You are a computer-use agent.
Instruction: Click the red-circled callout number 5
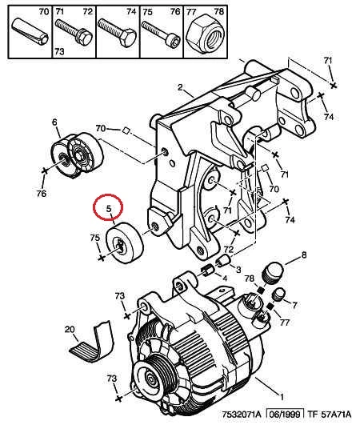point(109,209)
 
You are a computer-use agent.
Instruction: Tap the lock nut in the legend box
point(205,34)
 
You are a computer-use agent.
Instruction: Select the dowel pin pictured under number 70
point(30,31)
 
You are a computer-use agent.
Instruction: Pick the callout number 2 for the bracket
point(181,87)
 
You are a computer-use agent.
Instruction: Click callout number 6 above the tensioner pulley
point(54,122)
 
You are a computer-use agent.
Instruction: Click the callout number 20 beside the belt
point(70,329)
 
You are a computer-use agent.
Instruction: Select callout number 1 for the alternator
point(282,397)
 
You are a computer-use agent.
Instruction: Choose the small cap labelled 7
point(278,295)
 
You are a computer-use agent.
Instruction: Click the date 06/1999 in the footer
point(286,414)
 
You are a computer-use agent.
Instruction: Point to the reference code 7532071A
point(242,414)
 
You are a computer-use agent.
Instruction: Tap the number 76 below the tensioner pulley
point(42,194)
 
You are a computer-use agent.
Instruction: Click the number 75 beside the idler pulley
point(95,238)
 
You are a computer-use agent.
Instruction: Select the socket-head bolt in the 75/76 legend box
point(162,34)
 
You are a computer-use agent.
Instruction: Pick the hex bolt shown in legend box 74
point(117,33)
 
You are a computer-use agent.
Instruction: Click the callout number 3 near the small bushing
point(238,270)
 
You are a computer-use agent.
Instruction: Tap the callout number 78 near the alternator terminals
point(250,279)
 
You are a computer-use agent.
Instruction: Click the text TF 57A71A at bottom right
point(329,414)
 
